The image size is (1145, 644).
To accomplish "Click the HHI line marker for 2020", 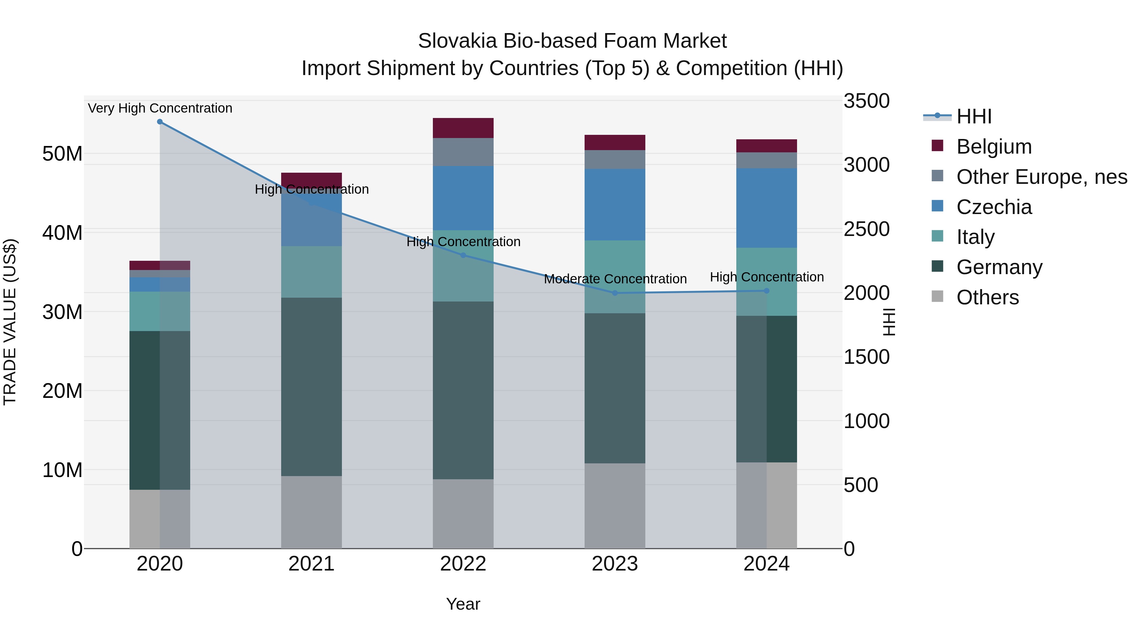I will click(160, 122).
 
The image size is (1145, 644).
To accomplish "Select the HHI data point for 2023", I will click(615, 293).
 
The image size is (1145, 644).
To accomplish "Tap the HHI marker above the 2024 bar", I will click(766, 291).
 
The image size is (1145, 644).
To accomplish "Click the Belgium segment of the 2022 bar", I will click(463, 128).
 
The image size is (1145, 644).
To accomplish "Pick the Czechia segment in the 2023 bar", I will click(615, 204).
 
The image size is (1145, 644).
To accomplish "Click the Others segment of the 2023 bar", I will click(615, 506).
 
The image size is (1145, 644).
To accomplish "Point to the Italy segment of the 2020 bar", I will click(160, 311).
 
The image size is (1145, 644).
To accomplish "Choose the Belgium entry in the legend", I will click(994, 147).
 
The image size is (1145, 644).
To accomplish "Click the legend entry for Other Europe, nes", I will click(1041, 177).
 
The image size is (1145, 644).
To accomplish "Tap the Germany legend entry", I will click(999, 267).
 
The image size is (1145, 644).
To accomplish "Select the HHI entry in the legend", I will click(974, 116).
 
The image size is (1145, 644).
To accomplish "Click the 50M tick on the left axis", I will click(62, 154).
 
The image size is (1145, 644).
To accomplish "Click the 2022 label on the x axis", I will click(463, 564).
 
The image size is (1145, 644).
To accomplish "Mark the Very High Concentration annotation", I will click(160, 108).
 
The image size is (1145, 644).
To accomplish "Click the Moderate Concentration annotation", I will click(615, 279).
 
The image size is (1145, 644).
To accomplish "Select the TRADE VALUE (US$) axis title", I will click(10, 322).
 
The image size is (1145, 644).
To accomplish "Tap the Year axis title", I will click(463, 604).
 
